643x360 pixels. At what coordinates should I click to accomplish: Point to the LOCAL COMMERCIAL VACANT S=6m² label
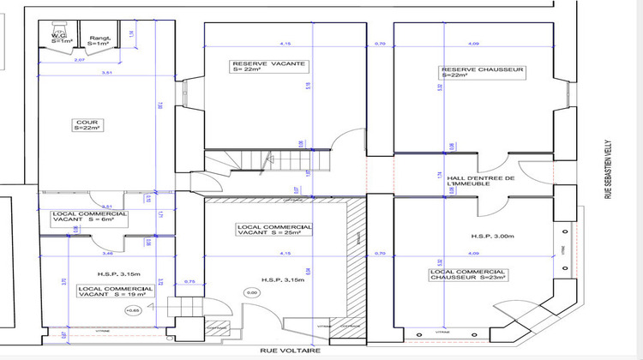[90, 217]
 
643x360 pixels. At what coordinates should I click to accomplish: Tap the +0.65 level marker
[132, 309]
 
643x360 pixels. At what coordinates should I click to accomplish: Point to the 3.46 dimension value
[106, 255]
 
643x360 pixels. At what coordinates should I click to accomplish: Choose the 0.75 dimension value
[189, 282]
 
